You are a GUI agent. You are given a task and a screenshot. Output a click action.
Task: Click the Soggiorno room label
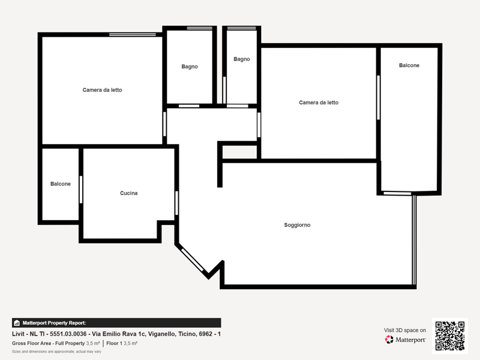pyautogui.click(x=297, y=225)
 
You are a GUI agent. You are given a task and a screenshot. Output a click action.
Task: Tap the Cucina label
pyautogui.click(x=128, y=193)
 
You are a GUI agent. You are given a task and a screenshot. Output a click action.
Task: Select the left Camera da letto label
pyautogui.click(x=102, y=90)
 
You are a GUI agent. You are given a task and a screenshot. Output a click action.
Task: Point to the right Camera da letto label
pyautogui.click(x=319, y=103)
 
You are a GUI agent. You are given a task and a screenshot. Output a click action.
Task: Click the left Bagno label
pyautogui.click(x=190, y=67)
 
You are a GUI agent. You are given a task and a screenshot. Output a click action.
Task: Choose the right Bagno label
pyautogui.click(x=242, y=59)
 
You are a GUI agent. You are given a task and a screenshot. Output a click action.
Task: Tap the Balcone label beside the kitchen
pyautogui.click(x=61, y=184)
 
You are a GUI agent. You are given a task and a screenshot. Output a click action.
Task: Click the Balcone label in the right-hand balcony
pyautogui.click(x=409, y=65)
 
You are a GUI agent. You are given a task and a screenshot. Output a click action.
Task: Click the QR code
pyautogui.click(x=449, y=336)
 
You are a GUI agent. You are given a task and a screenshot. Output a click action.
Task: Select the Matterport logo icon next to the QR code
pyautogui.click(x=389, y=340)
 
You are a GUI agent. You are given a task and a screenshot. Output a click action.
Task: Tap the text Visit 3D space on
pyautogui.click(x=404, y=331)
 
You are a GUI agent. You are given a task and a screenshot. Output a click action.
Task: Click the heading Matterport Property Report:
pyautogui.click(x=54, y=323)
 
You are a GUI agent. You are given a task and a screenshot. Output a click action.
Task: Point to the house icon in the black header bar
pyautogui.click(x=17, y=323)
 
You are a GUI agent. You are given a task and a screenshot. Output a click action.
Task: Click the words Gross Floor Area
pyautogui.click(x=31, y=343)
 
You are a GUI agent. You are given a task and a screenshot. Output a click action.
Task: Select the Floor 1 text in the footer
pyautogui.click(x=114, y=343)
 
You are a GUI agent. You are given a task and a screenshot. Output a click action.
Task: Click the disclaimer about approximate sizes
pyautogui.click(x=56, y=352)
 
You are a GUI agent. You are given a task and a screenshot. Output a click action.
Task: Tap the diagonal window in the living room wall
pyautogui.click(x=192, y=260)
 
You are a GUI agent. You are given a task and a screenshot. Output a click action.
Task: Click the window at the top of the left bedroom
pyautogui.click(x=133, y=35)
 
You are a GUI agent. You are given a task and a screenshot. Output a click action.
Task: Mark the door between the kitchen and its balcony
pyautogui.click(x=81, y=190)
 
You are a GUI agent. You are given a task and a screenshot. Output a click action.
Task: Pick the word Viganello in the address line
pyautogui.click(x=161, y=334)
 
